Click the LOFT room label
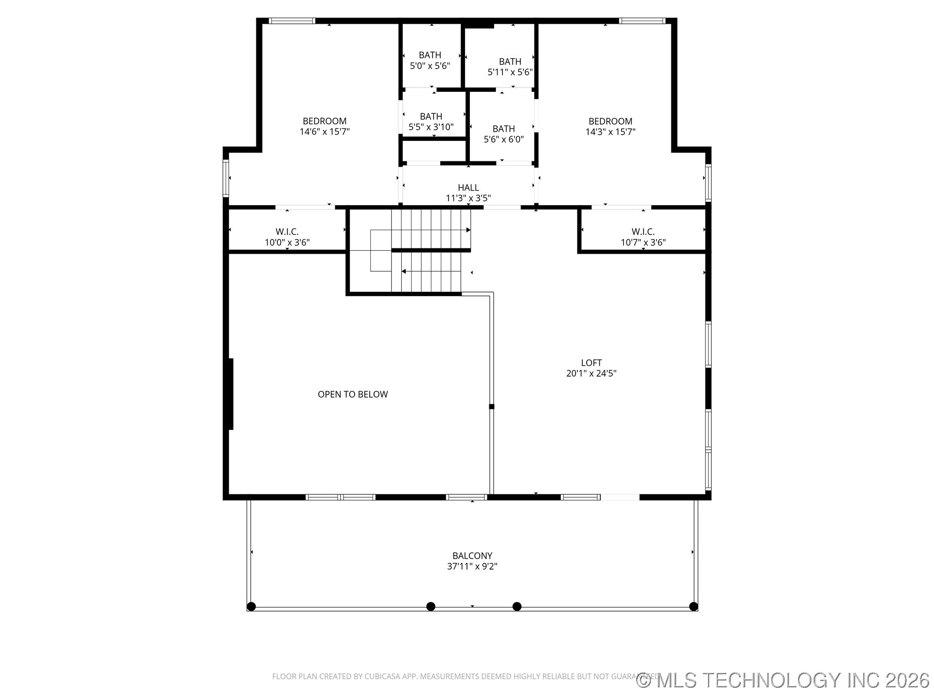pyautogui.click(x=591, y=363)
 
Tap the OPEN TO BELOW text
pyautogui.click(x=353, y=394)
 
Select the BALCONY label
pyautogui.click(x=472, y=556)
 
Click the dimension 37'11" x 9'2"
pyautogui.click(x=472, y=566)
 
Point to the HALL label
pyautogui.click(x=468, y=188)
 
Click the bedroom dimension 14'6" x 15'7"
pyautogui.click(x=324, y=132)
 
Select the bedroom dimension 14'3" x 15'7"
pyautogui.click(x=610, y=132)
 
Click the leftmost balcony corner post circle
pyautogui.click(x=251, y=606)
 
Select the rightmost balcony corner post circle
pyautogui.click(x=694, y=606)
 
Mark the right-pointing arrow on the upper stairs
pyautogui.click(x=468, y=230)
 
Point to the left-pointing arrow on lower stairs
pyautogui.click(x=404, y=271)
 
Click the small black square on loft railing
pyautogui.click(x=491, y=406)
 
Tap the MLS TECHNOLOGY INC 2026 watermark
pyautogui.click(x=783, y=680)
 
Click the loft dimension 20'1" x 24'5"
pyautogui.click(x=591, y=373)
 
